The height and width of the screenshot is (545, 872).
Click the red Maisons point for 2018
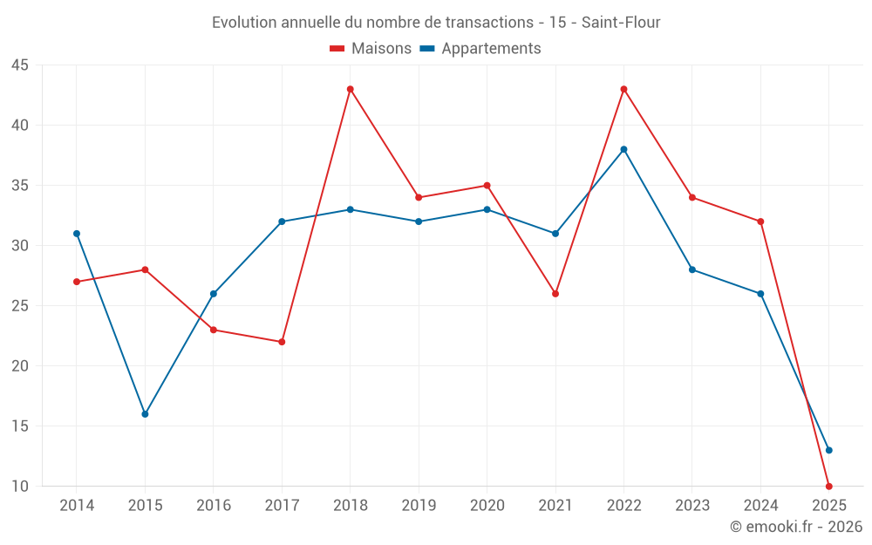tap(351, 89)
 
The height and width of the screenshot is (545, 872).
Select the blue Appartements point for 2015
tap(145, 414)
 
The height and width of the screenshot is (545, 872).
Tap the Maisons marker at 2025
tap(828, 487)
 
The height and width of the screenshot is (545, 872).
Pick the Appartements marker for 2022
tap(623, 149)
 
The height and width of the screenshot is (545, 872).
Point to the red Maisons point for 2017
tap(282, 342)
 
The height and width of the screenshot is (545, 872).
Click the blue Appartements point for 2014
tap(77, 234)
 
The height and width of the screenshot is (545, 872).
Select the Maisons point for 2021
tap(555, 294)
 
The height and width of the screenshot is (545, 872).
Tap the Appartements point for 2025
tap(828, 450)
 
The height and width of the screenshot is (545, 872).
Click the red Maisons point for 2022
tap(623, 89)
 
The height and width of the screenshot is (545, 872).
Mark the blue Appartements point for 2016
tap(214, 294)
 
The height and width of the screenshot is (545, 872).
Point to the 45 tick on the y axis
tap(20, 65)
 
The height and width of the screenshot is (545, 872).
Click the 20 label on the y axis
tap(20, 366)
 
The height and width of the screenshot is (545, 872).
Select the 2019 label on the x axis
tap(419, 506)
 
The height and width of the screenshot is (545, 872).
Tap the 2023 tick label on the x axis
tap(692, 506)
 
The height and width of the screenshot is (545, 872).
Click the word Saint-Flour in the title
tap(622, 22)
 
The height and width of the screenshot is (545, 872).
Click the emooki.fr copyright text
tap(796, 527)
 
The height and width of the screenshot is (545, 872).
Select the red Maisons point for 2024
tap(760, 221)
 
